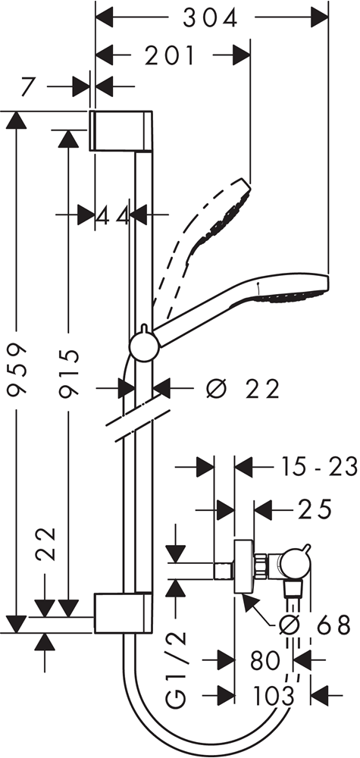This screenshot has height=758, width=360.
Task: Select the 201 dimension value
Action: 170,56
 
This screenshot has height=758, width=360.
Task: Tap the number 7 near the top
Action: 29,87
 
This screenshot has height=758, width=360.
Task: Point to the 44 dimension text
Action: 113,215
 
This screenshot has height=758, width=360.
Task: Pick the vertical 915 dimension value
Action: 68,371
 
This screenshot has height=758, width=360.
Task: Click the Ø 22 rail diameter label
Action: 243,389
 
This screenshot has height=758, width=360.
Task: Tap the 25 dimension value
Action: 315,509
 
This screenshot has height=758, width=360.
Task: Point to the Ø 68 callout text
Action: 315,626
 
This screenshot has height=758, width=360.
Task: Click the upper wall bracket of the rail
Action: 121,130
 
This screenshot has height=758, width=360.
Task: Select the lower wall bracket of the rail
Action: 121,612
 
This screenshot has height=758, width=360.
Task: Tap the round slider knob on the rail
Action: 144,347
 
